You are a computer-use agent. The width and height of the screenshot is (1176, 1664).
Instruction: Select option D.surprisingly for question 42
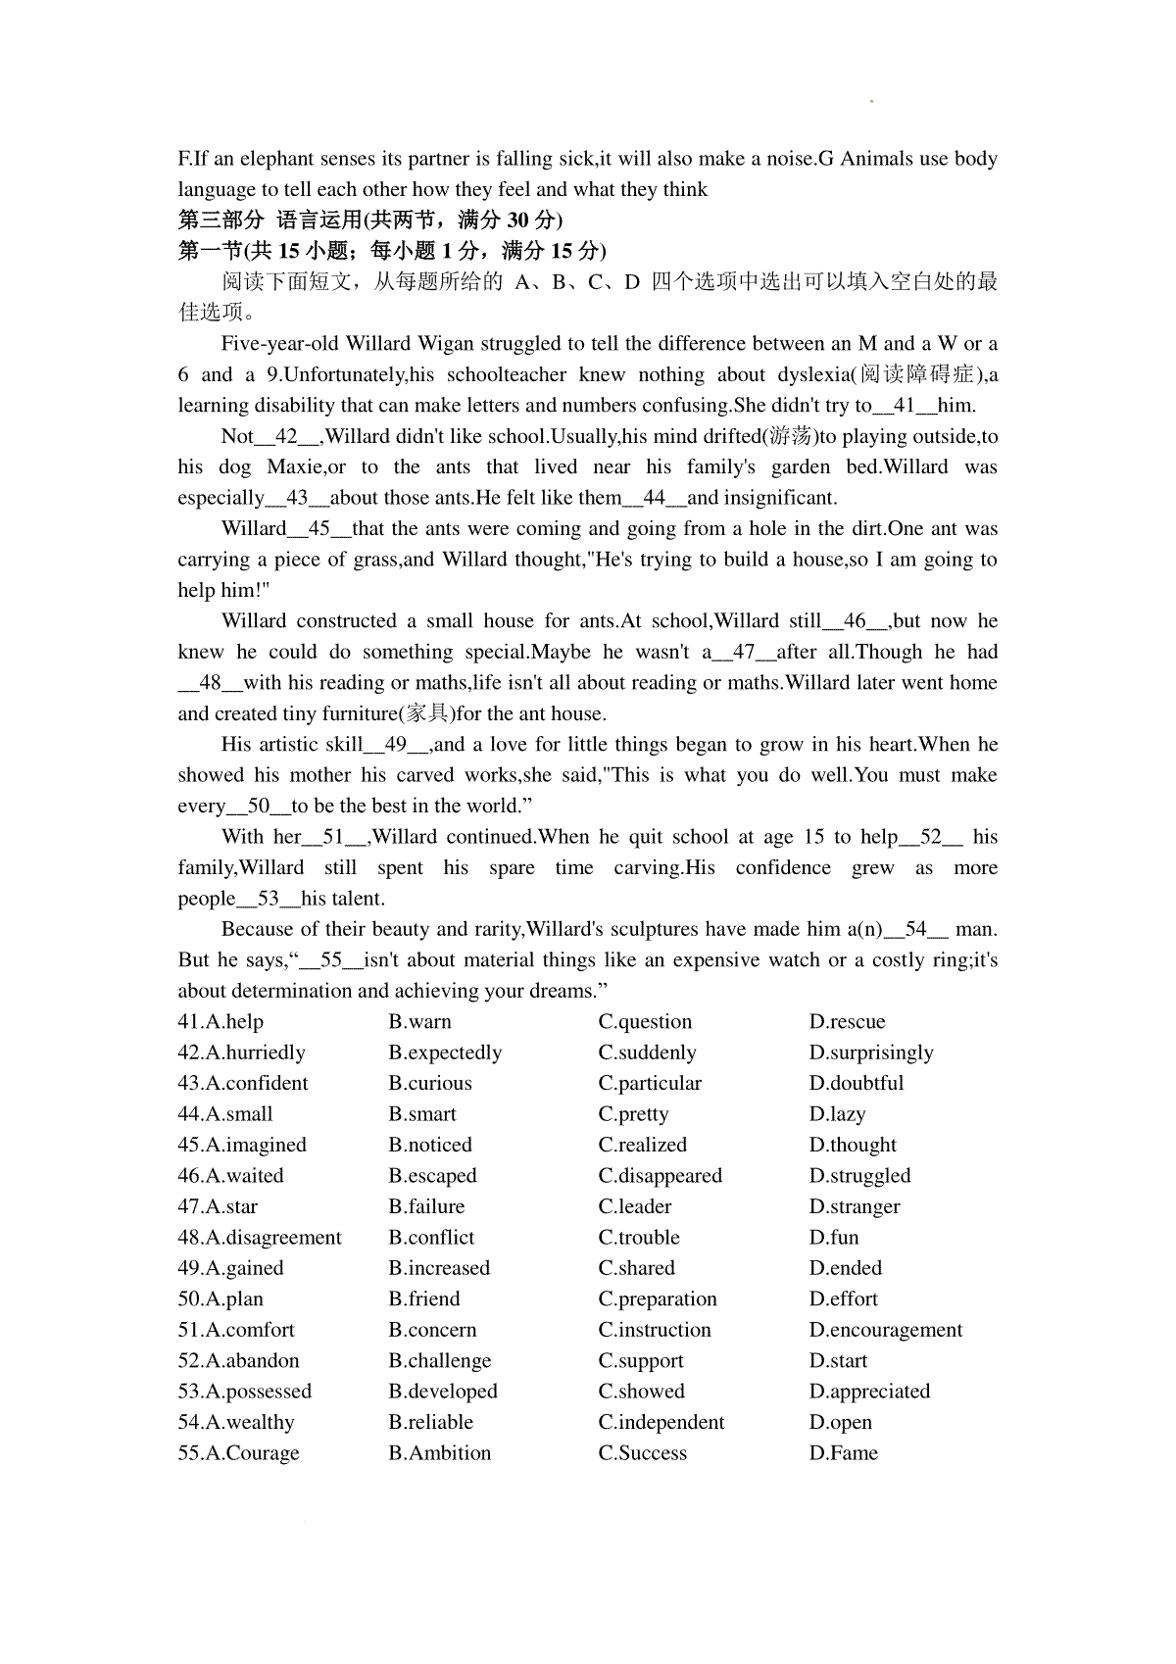tap(871, 1052)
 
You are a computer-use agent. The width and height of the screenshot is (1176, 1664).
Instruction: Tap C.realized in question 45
tap(643, 1145)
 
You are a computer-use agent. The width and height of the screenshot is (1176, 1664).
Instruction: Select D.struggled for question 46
tap(859, 1175)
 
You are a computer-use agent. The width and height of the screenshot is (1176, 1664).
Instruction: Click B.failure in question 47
tap(426, 1206)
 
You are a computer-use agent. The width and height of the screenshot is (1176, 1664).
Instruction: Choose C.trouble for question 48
tap(639, 1237)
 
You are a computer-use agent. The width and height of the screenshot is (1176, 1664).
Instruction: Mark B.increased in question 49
tap(439, 1268)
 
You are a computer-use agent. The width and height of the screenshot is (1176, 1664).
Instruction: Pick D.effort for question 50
tap(844, 1298)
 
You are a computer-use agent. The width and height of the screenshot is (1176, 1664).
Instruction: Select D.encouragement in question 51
tap(886, 1330)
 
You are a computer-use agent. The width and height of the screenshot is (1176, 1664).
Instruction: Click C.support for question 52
tap(641, 1360)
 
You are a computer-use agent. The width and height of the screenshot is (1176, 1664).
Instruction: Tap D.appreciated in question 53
tap(869, 1392)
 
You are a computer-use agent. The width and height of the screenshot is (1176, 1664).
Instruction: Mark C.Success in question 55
tap(643, 1452)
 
